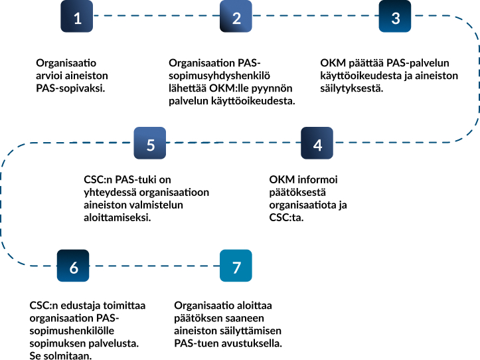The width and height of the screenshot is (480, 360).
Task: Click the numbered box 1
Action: coord(78,18)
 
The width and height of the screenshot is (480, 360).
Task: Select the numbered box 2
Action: coord(237,18)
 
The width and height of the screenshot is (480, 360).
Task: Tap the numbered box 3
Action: coord(396,18)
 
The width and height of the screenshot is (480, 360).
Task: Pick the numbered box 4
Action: coord(317,144)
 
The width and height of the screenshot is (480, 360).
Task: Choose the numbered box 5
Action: coord(151,144)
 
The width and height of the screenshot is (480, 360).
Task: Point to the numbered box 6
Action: coord(74,266)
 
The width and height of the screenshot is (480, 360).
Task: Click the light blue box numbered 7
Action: coord(236,266)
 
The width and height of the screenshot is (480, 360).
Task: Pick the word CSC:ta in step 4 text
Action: coord(286,217)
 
